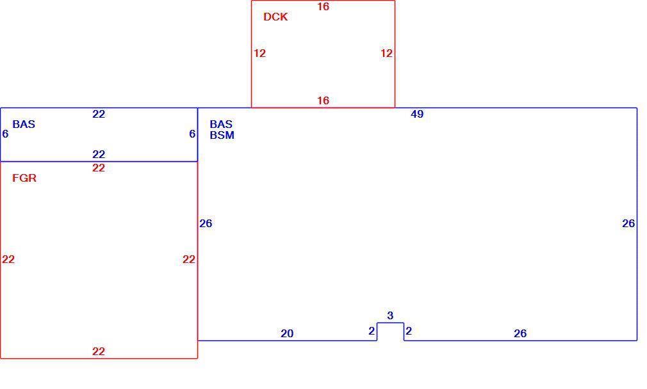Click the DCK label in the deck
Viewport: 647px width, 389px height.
point(275,17)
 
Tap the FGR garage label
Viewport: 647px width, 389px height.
point(24,178)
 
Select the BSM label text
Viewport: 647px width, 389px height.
point(222,135)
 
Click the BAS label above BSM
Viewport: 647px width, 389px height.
point(221,124)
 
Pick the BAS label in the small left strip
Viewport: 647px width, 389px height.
point(24,124)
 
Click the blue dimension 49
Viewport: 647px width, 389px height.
point(417,114)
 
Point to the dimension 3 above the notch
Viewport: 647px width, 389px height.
point(390,315)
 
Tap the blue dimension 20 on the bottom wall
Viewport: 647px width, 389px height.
point(287,333)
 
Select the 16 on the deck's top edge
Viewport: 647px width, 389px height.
point(323,6)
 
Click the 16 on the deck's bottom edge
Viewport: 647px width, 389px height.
point(323,100)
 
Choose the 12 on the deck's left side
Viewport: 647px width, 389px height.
point(259,53)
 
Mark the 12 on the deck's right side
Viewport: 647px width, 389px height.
point(387,53)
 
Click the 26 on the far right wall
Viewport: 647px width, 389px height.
point(628,223)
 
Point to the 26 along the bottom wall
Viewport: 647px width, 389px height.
point(520,333)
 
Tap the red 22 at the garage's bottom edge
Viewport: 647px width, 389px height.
point(99,351)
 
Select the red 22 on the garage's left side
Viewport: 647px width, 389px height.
point(8,259)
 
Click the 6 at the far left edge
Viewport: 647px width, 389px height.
point(5,134)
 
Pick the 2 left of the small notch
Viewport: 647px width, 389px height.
point(372,331)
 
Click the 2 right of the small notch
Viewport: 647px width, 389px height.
point(409,331)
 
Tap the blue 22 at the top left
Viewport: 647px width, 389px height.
point(99,114)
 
